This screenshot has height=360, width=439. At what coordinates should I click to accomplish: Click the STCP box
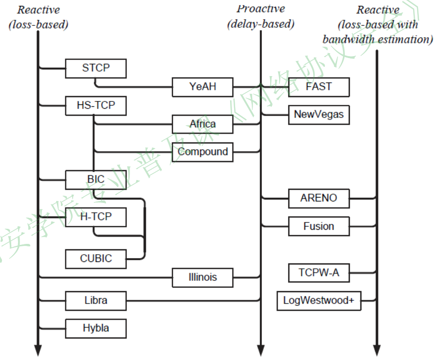click(x=96, y=68)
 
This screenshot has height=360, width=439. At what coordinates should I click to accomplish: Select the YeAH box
click(x=202, y=87)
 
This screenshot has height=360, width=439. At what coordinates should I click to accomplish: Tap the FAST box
click(x=319, y=87)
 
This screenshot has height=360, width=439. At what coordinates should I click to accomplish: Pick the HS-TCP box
click(x=96, y=105)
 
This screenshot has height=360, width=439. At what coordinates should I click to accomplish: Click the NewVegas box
click(x=319, y=115)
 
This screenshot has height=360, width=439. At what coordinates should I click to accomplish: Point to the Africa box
click(x=202, y=124)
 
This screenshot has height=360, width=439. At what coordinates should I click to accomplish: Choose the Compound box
click(x=202, y=152)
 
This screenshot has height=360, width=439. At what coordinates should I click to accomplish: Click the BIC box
click(x=96, y=180)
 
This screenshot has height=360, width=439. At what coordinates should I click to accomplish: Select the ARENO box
click(x=319, y=198)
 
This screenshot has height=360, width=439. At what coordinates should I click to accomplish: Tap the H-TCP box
click(x=96, y=217)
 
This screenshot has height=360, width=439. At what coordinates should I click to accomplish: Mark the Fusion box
click(x=319, y=226)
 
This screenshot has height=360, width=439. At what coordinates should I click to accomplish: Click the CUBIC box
click(x=96, y=259)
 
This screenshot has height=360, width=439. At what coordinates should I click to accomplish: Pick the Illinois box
click(x=202, y=277)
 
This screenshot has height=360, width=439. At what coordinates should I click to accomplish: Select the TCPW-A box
click(x=319, y=273)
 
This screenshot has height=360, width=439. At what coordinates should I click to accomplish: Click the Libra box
click(x=96, y=300)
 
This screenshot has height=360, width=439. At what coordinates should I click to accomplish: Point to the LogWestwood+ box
click(x=319, y=300)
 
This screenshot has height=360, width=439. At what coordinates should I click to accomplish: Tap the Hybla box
click(x=96, y=328)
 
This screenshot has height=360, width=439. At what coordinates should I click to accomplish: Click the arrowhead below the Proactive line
click(x=260, y=350)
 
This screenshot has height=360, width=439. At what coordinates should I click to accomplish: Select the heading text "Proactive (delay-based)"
click(x=260, y=16)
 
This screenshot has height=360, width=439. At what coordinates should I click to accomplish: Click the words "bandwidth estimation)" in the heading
click(x=378, y=40)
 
